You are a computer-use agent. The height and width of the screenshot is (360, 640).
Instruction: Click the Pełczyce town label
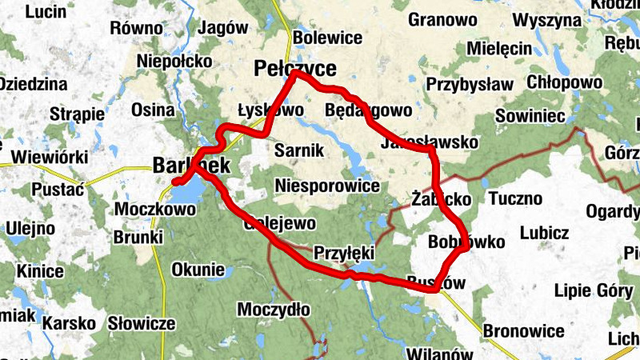(294, 68)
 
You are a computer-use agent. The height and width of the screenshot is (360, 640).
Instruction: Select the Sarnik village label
(298, 150)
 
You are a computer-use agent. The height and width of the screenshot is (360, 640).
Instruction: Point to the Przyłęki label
(344, 252)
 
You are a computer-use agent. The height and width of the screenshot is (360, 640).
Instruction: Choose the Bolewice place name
(328, 38)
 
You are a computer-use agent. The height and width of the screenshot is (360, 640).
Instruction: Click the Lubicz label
(544, 233)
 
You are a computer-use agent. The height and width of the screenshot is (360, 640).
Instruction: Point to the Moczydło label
(274, 309)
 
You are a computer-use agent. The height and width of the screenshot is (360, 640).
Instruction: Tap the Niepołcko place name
(174, 61)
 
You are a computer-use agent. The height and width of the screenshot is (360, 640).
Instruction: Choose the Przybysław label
(470, 84)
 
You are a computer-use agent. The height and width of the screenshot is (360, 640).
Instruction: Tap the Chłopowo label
(565, 82)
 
